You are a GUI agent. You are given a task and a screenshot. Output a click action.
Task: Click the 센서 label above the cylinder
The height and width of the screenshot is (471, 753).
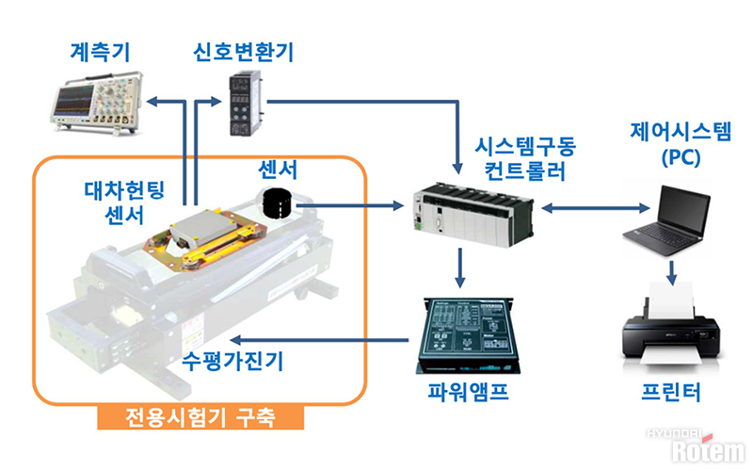280,171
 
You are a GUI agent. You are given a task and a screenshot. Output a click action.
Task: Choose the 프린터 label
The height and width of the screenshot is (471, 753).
670,393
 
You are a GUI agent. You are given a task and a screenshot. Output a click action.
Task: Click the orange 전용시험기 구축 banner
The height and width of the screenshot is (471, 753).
200,414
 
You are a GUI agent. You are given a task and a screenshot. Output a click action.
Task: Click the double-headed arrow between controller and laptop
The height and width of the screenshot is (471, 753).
589,204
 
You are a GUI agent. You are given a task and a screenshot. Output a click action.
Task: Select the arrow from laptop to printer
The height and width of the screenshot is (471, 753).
671,269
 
